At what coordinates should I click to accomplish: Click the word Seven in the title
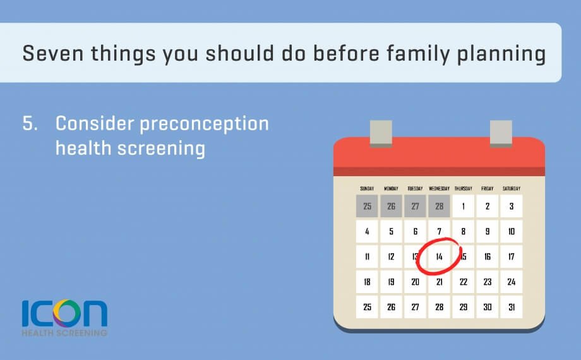[x=53, y=53]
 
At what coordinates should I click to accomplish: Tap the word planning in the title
[x=501, y=54]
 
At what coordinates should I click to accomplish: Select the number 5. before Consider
[x=30, y=123]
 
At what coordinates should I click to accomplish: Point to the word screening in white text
[x=161, y=149]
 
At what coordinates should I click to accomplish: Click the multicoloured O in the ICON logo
[x=67, y=313]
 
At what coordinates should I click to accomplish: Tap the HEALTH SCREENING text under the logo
[x=64, y=333]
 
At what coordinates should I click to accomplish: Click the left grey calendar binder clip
[x=381, y=133]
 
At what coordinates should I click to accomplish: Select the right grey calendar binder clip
[x=501, y=133]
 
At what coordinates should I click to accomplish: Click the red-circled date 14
[x=439, y=256]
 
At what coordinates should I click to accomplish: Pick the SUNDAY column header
[x=367, y=189]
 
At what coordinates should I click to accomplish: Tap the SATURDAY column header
[x=512, y=189]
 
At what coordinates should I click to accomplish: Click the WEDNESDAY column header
[x=439, y=189]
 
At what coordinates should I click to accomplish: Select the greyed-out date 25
[x=367, y=206]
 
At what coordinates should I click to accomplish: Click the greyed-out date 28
[x=439, y=206]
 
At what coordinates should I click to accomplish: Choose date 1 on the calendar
[x=463, y=206]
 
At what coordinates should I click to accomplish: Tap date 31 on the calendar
[x=512, y=307]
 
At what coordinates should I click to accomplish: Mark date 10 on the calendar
[x=512, y=231]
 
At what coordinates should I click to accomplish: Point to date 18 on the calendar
[x=367, y=282]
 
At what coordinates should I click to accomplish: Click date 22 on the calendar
[x=463, y=282]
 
